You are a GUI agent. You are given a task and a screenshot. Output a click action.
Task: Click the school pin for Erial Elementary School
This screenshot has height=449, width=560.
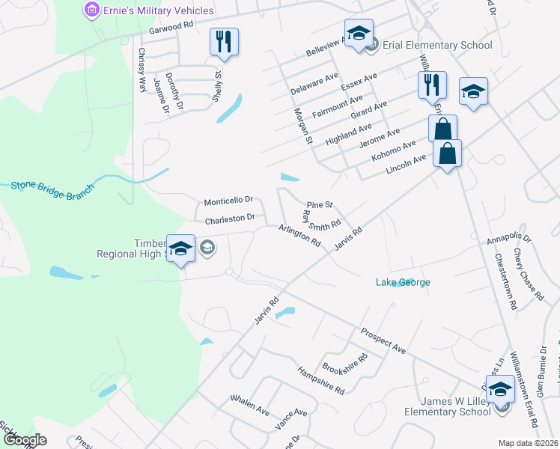359,34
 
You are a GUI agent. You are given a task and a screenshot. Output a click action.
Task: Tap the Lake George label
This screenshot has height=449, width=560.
403,282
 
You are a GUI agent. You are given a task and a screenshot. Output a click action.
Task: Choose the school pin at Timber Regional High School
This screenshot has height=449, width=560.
181,248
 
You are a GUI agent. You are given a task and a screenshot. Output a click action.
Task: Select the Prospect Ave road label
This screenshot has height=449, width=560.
383,340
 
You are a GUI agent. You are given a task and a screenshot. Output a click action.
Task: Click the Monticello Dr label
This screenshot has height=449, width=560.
229,201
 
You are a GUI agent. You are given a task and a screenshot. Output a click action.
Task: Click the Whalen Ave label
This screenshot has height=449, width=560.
250,405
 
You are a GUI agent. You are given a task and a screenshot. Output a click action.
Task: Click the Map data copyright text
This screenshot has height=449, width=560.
528,443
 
